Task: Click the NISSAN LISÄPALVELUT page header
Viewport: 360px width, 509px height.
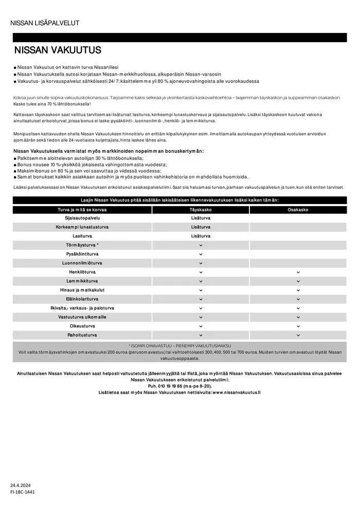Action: point(45,23)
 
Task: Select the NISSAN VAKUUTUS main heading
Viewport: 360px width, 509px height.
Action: point(58,50)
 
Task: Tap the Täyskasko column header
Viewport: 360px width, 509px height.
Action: point(201,210)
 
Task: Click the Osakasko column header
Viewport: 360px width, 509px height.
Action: point(298,210)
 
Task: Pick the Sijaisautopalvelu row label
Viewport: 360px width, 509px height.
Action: point(79,218)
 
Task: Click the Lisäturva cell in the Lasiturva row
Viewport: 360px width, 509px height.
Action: point(201,236)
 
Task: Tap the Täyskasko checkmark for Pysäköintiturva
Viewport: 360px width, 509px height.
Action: point(201,254)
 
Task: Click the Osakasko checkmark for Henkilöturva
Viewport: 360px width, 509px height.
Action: point(298,272)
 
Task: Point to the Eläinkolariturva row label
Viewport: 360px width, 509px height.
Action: point(79,299)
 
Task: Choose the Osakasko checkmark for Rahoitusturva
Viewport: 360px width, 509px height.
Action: point(298,335)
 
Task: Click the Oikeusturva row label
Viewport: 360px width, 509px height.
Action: point(79,326)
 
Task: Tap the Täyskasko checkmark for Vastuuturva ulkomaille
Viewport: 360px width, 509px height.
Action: point(201,317)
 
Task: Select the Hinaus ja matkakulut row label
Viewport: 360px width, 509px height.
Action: point(79,290)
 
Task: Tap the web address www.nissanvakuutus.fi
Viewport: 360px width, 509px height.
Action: point(236,392)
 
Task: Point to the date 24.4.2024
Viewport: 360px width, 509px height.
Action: point(21,485)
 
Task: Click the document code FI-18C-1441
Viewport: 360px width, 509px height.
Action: point(23,492)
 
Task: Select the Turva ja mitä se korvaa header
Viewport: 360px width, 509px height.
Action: point(79,210)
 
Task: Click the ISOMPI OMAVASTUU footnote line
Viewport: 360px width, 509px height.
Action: point(179,346)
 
